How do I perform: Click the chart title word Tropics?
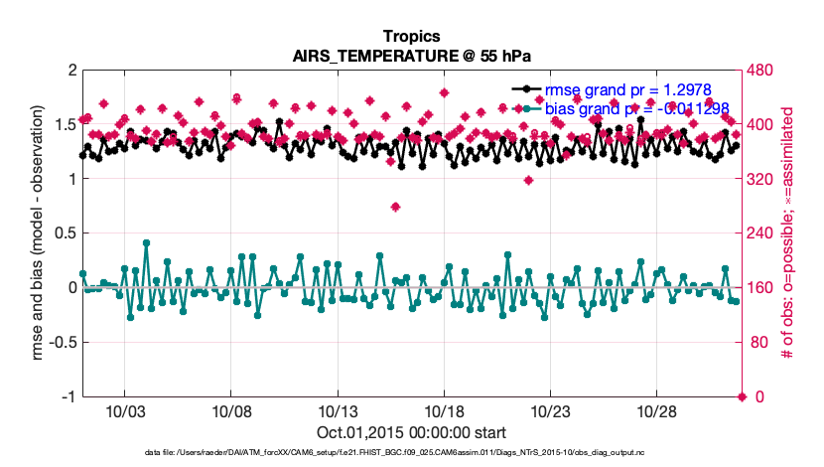[411, 37]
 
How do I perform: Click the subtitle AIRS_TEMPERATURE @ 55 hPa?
[411, 56]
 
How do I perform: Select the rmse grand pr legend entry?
[623, 88]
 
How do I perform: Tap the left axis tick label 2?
[71, 71]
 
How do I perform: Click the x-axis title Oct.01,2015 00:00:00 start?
[411, 433]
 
